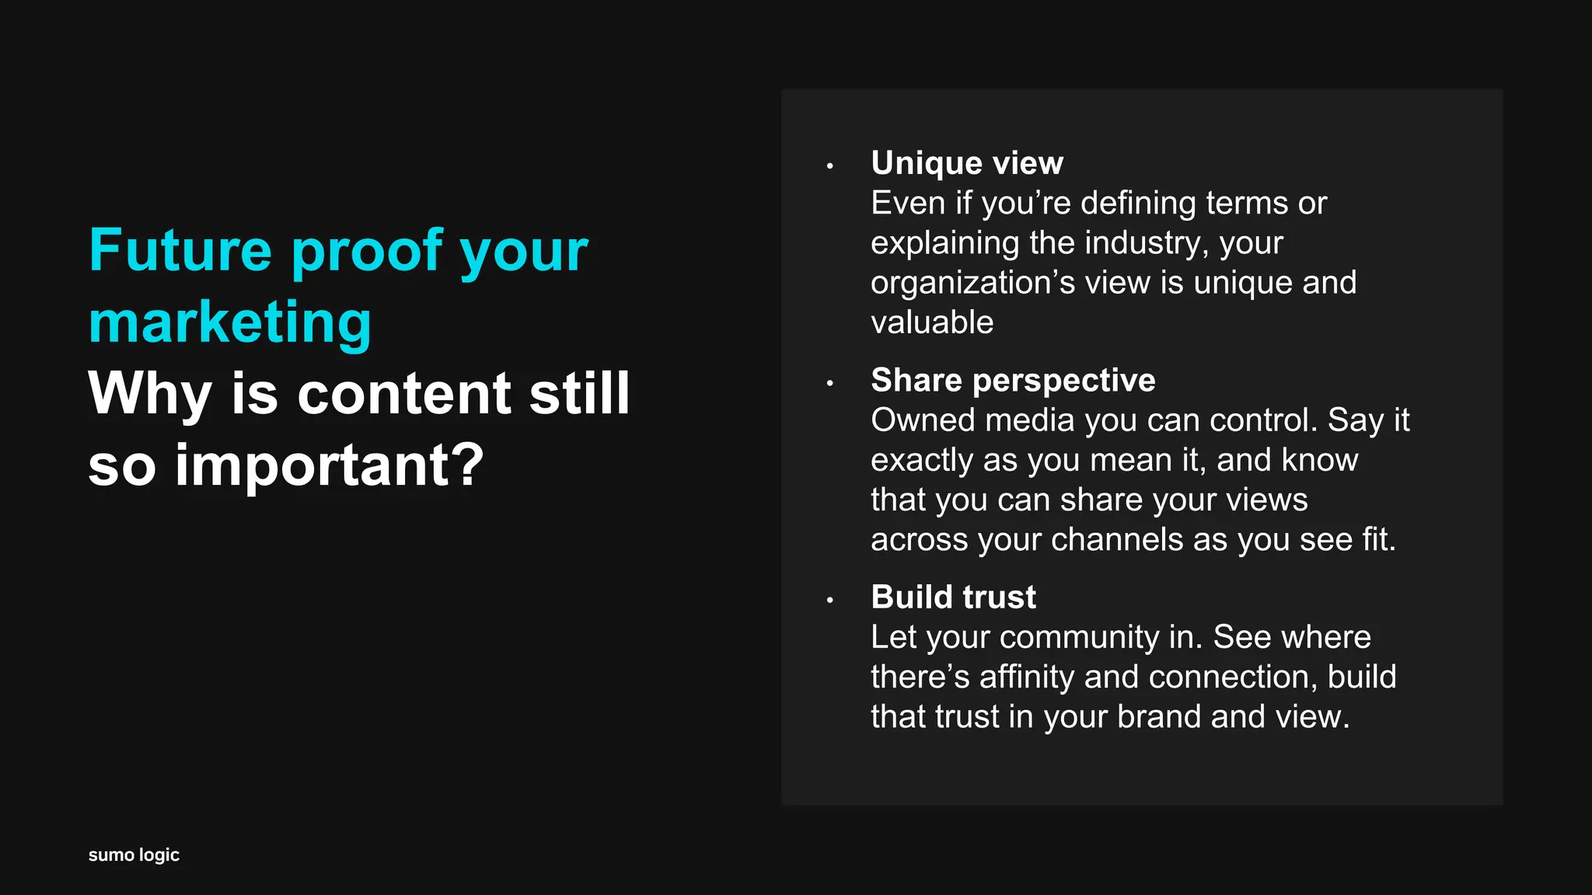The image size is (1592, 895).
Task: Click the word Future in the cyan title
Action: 180,250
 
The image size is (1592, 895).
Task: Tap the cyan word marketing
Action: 230,322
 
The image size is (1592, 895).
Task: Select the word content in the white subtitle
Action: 404,393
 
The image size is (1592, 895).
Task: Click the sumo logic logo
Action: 134,855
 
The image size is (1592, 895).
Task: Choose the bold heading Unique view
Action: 967,163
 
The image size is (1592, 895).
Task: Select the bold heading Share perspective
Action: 1013,380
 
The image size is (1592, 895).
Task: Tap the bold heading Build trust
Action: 953,597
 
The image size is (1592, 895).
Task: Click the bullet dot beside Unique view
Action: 830,165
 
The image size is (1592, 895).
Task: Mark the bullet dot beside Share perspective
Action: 830,383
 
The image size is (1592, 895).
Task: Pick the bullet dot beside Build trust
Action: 830,600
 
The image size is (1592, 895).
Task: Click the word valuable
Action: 932,322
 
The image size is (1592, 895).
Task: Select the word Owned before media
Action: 923,420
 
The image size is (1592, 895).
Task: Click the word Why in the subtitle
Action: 150,393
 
